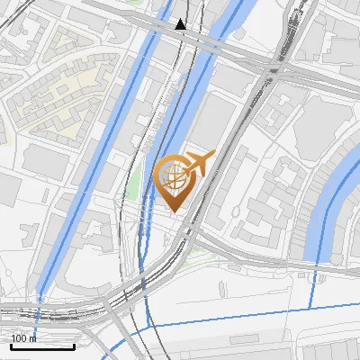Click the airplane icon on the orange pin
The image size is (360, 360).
(x=197, y=163)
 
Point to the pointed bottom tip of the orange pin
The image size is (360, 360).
(x=175, y=211)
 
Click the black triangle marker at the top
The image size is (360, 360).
(x=181, y=24)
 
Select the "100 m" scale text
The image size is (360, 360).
(x=23, y=337)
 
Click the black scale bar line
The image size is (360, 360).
(x=42, y=346)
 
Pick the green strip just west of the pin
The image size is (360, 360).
(x=135, y=184)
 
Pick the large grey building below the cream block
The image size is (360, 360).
(x=45, y=162)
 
